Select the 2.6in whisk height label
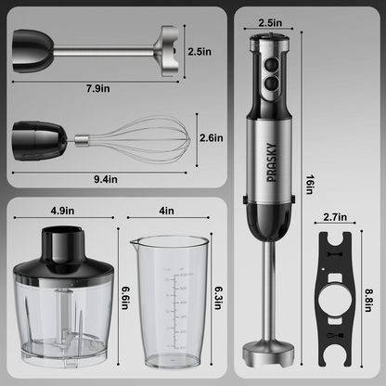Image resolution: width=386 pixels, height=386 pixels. click(211, 138)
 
